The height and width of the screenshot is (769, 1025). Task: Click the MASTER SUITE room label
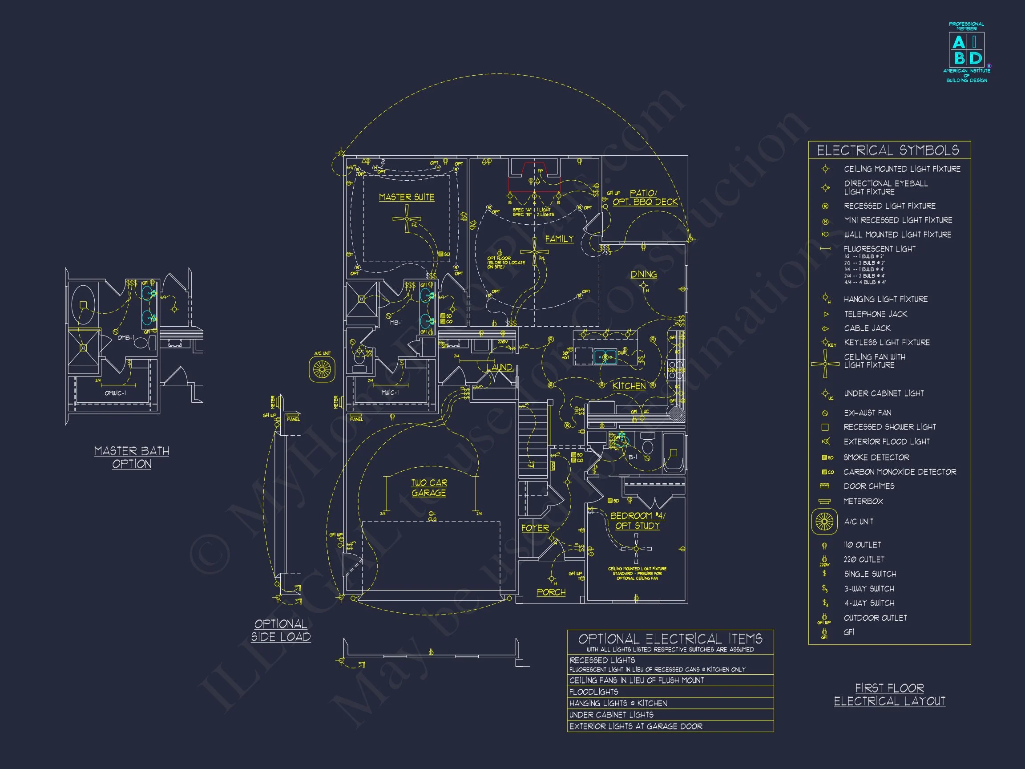click(406, 197)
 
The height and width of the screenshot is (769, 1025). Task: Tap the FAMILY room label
click(559, 239)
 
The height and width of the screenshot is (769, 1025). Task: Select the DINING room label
click(643, 275)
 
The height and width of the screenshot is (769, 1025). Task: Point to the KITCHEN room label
click(629, 386)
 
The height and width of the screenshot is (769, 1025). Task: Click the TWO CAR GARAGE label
click(429, 488)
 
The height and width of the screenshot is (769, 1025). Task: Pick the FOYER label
click(535, 528)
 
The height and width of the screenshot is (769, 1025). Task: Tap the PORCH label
click(551, 592)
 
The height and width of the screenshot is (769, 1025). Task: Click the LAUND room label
click(499, 367)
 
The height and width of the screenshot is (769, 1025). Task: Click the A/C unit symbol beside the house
click(322, 369)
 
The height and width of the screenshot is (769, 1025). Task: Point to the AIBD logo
click(967, 53)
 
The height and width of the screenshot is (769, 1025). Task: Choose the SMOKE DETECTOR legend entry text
click(876, 457)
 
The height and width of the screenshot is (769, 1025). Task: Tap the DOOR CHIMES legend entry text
click(869, 486)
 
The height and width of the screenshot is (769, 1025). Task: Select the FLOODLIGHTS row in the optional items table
click(593, 692)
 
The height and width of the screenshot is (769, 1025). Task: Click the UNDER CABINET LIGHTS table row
click(611, 715)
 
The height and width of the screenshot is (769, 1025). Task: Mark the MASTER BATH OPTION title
click(132, 457)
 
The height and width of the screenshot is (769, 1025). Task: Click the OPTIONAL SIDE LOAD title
click(281, 630)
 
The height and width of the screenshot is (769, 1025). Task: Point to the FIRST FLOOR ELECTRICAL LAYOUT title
click(889, 694)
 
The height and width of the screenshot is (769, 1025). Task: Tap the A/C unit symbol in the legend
click(824, 522)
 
